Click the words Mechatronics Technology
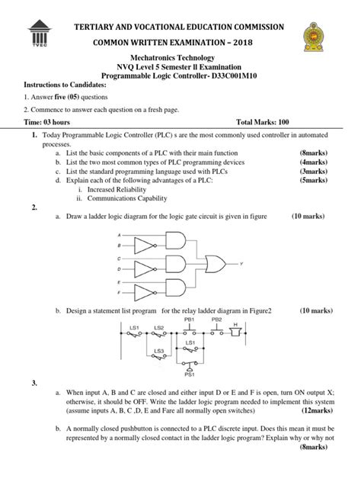tap(180, 57)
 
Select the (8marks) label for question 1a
tap(314, 153)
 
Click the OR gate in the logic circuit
tap(217, 264)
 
